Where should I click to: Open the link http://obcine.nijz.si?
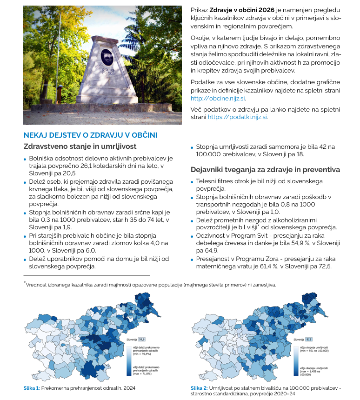click(x=218, y=98)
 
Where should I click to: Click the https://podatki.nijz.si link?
click(x=237, y=117)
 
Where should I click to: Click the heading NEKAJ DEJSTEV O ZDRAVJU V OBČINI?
click(x=90, y=135)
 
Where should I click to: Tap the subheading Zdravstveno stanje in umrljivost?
click(x=80, y=147)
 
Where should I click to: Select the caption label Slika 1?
click(x=32, y=387)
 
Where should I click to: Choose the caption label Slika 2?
click(x=199, y=387)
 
